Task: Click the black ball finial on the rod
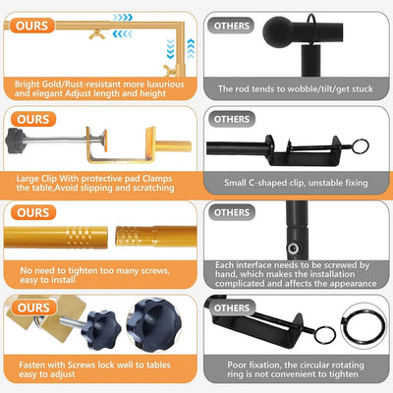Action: coord(278,32)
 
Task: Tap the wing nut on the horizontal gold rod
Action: coord(97,34)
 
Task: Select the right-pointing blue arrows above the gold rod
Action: coord(123,18)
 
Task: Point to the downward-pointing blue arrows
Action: coord(170,49)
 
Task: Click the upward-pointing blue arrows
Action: coord(191,48)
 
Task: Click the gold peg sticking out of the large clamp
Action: coord(173,146)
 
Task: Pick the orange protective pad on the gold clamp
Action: coord(105,140)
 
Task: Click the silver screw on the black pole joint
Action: coord(293,248)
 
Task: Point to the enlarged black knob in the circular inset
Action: coord(154,323)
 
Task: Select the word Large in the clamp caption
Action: coord(28,179)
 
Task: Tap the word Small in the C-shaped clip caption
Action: coord(235,183)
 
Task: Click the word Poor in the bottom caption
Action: coord(237,365)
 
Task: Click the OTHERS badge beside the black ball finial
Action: coord(232,26)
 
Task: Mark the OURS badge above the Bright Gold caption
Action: coord(31,26)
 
